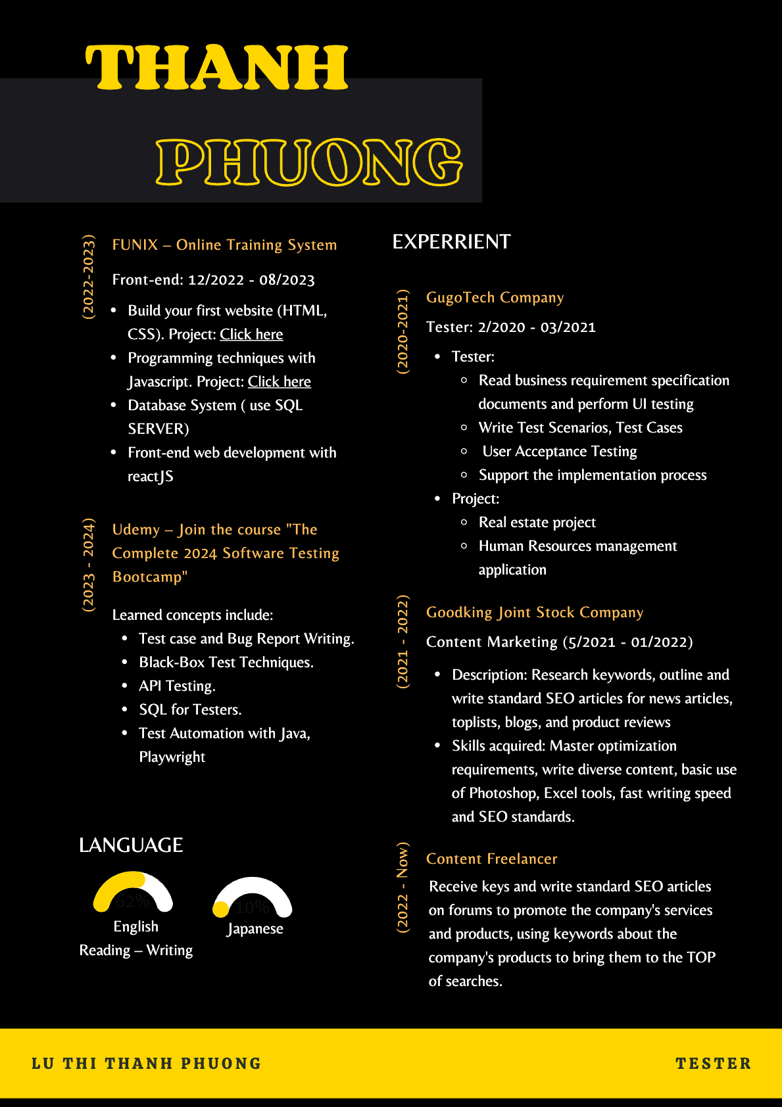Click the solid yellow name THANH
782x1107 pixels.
point(216,67)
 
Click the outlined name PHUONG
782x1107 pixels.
point(309,162)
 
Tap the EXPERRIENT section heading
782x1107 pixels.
point(451,242)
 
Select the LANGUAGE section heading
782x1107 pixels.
point(131,845)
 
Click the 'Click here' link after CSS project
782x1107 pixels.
point(251,334)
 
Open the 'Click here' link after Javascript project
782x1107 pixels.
point(280,381)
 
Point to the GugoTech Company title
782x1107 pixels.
point(495,297)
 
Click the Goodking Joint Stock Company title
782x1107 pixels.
point(534,612)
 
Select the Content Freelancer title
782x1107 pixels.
point(491,859)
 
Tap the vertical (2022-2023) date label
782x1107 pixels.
point(88,277)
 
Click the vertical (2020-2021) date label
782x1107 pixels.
point(403,331)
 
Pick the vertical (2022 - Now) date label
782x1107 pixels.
point(403,887)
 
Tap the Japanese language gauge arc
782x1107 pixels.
point(253,891)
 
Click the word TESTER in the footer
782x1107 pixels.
point(713,1063)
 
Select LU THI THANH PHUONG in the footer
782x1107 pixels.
point(146,1063)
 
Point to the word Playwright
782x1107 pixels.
point(172,757)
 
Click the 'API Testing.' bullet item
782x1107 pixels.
point(177,686)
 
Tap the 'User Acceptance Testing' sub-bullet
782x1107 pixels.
point(559,451)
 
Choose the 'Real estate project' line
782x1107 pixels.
point(537,522)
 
